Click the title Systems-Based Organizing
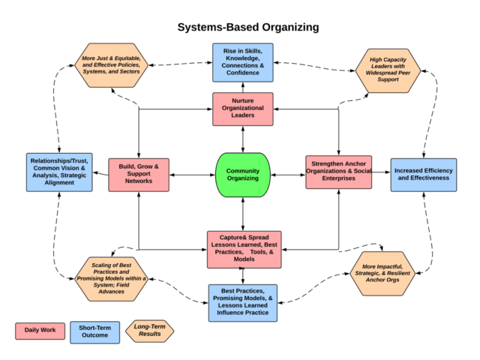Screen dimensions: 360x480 [x=247, y=27]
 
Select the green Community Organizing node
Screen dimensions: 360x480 [x=242, y=175]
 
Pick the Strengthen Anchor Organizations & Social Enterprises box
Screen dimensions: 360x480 [x=339, y=172]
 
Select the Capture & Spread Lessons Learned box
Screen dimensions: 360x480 [x=244, y=248]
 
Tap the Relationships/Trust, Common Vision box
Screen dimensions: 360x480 [x=58, y=172]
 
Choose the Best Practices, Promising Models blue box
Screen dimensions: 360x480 [x=243, y=302]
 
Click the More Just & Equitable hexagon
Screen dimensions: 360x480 [x=111, y=61]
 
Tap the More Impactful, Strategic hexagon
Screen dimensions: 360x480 [x=387, y=273]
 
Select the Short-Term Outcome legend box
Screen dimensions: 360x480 [x=94, y=331]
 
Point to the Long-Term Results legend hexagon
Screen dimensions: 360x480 [x=149, y=331]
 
